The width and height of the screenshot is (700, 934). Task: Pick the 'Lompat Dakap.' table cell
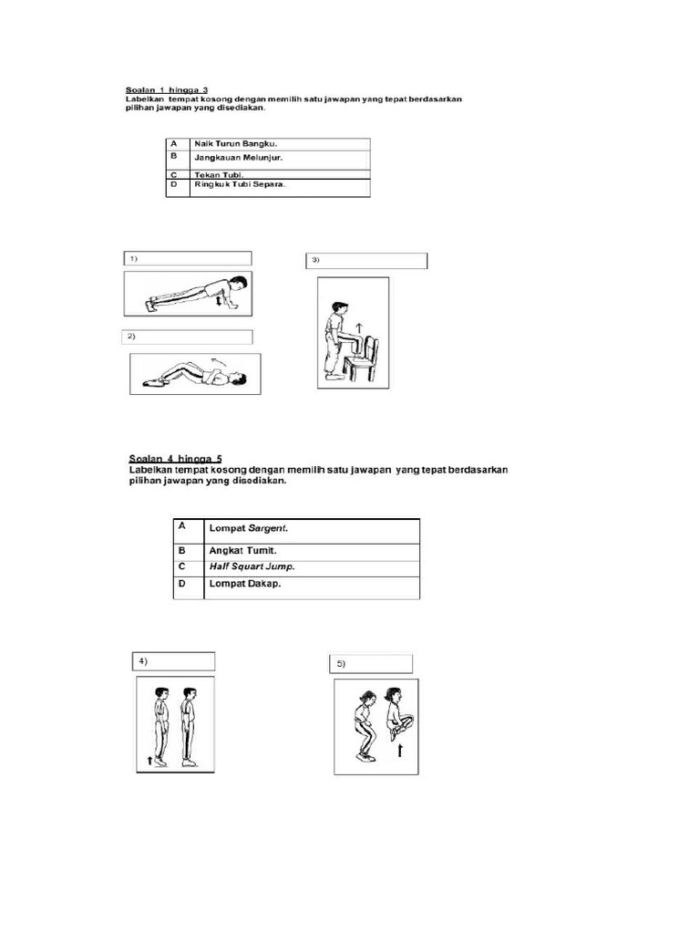tap(245, 584)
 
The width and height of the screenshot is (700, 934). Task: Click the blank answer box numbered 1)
tap(188, 259)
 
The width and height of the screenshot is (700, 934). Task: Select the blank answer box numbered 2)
tap(188, 337)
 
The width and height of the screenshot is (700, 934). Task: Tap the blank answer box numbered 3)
tap(365, 261)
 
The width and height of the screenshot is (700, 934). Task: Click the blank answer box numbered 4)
tap(174, 661)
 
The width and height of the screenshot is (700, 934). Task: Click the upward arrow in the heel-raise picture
tap(149, 758)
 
